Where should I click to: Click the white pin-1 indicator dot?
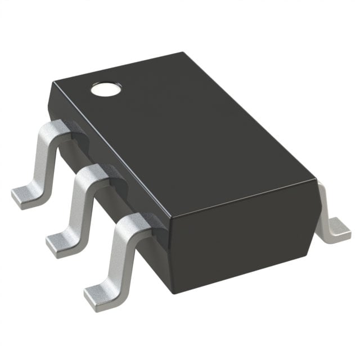pyautogui.click(x=106, y=88)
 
